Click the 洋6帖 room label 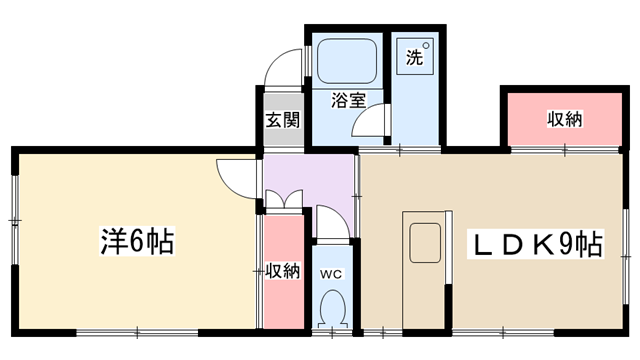click(137, 242)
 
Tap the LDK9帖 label click(536, 245)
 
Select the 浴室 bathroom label click(348, 100)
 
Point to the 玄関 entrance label click(283, 120)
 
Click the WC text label click(331, 274)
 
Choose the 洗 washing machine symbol click(415, 57)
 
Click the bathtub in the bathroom click(347, 61)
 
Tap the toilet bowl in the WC click(333, 308)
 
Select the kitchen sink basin click(425, 243)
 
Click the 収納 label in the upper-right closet click(564, 119)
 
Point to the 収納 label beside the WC click(283, 271)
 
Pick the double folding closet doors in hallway click(284, 199)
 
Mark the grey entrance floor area click(283, 120)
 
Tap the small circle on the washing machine click(426, 45)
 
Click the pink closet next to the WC click(284, 271)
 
